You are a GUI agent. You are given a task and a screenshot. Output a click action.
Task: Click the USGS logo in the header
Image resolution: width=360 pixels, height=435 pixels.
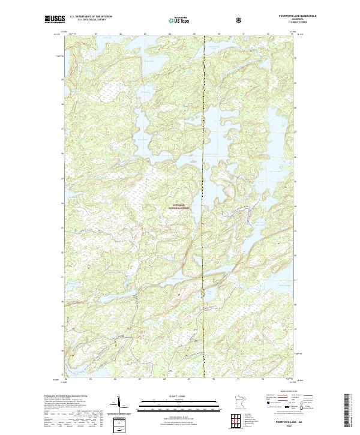coord(55,20)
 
